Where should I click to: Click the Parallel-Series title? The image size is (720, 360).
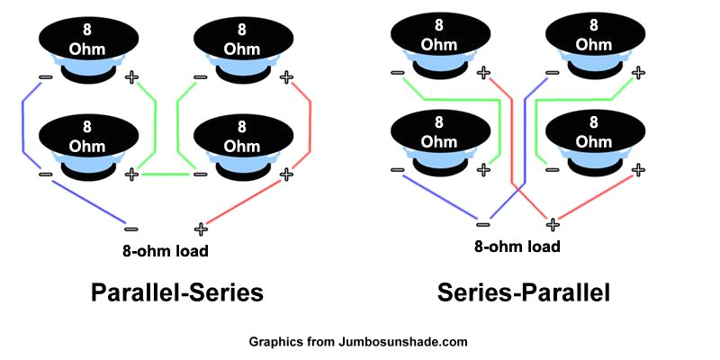[x=176, y=292]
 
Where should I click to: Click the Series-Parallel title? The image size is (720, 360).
[x=524, y=292]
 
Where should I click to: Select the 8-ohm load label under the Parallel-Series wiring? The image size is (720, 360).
[x=166, y=250]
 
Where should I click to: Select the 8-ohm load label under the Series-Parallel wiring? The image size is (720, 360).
[x=517, y=246]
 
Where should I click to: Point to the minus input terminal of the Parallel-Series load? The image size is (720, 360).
[x=130, y=229]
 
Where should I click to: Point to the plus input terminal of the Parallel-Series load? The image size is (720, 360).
[x=200, y=229]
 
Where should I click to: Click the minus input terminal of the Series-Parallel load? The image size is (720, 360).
[x=483, y=224]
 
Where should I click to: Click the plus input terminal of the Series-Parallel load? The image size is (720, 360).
[x=553, y=224]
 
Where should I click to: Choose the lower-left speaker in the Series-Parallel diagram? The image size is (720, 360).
[x=440, y=139]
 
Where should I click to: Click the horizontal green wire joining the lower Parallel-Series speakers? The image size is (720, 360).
[x=166, y=173]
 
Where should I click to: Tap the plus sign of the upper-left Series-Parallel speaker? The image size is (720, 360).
[x=483, y=72]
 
